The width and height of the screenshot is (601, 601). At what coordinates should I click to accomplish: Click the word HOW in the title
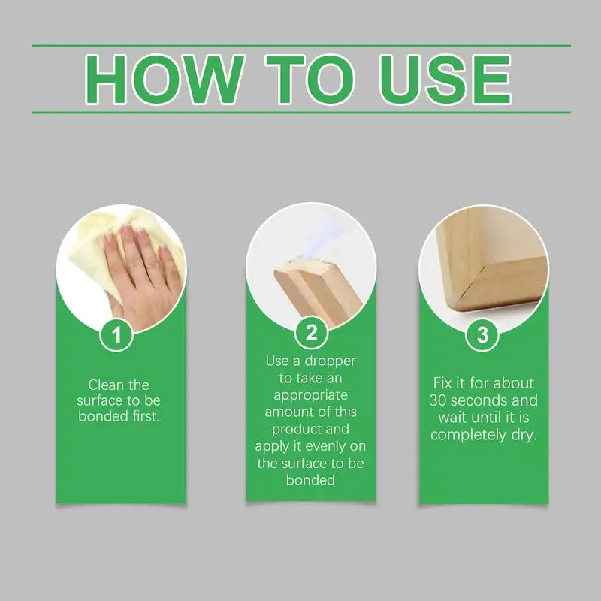click(x=165, y=79)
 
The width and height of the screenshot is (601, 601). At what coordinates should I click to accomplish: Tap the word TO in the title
click(x=303, y=79)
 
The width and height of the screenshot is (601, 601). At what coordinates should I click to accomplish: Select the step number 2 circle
click(x=310, y=331)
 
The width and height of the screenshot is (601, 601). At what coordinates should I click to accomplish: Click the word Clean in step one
click(x=105, y=385)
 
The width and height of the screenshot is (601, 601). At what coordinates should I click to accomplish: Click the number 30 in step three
click(x=441, y=400)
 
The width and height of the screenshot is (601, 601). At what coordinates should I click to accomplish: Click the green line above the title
click(x=300, y=45)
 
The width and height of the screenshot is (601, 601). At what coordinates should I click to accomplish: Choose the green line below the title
click(x=300, y=113)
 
